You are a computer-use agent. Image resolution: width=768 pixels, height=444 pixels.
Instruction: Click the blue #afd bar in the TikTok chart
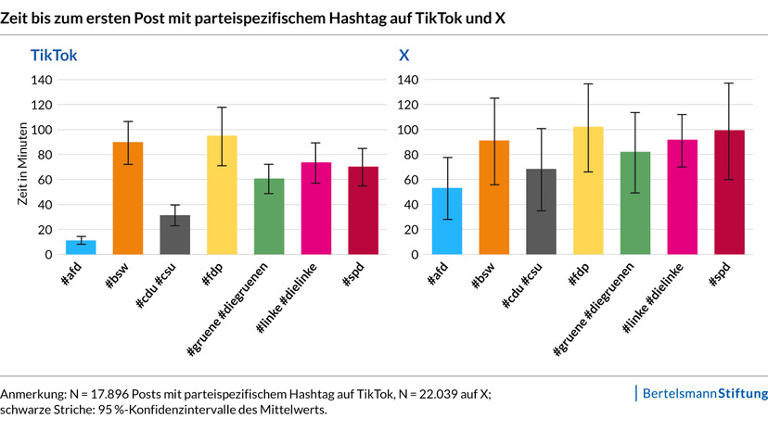81,247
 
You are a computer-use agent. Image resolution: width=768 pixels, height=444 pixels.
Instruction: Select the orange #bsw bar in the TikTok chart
128,199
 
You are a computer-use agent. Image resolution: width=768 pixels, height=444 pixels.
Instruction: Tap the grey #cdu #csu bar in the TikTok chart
175,235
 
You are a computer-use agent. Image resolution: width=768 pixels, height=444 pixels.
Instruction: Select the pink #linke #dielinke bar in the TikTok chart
316,209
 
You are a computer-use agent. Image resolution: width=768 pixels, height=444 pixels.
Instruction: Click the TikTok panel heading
54,56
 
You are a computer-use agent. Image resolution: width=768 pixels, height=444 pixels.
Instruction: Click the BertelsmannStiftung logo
703,394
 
